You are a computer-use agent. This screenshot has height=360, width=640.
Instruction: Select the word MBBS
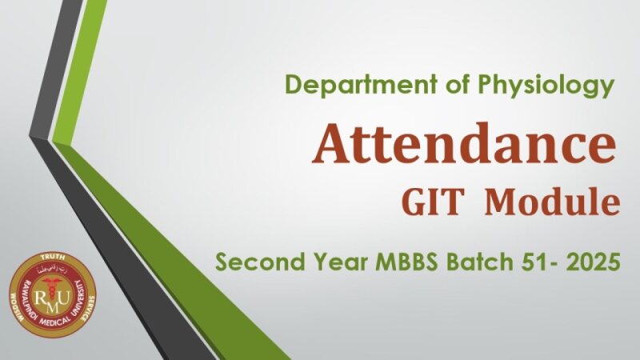(x=408, y=261)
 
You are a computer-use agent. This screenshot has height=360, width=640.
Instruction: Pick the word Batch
(x=481, y=261)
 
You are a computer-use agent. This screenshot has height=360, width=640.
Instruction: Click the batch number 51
(x=536, y=261)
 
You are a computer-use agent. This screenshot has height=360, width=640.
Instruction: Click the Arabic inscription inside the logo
(x=51, y=270)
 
